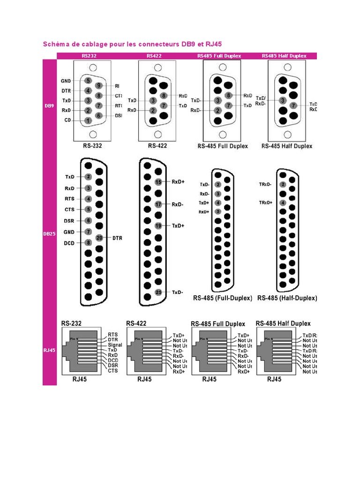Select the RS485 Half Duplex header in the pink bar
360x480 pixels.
click(284, 56)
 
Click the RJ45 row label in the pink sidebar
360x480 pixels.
click(49, 350)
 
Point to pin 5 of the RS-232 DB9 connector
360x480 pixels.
click(88, 80)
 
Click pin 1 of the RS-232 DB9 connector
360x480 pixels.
click(88, 120)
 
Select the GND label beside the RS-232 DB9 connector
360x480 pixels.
click(66, 81)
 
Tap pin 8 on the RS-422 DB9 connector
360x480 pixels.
click(163, 96)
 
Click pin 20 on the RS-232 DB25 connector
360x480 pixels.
click(99, 238)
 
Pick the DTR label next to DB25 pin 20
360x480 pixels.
click(117, 238)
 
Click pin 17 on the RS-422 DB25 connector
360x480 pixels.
click(158, 204)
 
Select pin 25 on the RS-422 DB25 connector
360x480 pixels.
click(158, 292)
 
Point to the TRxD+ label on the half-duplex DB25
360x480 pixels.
click(265, 202)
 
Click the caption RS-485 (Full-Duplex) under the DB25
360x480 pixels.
click(223, 298)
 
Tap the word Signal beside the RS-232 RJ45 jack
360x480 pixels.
click(114, 345)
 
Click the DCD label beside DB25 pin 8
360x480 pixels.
click(70, 243)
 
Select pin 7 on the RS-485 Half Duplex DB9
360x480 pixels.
click(293, 105)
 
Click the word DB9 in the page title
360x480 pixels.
click(188, 45)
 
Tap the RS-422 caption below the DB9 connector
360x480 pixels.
click(157, 146)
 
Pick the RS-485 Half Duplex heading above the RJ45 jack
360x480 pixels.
click(283, 323)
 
